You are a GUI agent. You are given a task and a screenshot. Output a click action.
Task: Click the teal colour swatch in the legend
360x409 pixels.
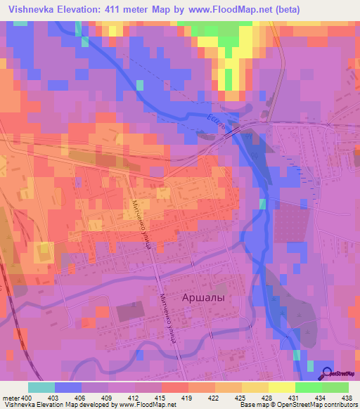[x=41, y=387]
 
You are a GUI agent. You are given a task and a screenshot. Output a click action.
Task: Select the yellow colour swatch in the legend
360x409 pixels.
[x=281, y=387]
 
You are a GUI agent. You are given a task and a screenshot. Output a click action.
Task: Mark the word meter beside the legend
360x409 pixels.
[x=10, y=398]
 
